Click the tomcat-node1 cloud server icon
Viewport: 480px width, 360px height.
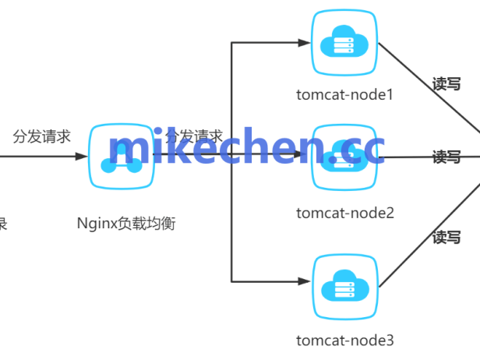(344, 44)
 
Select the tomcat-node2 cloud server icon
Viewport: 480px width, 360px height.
(344, 157)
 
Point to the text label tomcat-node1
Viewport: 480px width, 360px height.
(345, 96)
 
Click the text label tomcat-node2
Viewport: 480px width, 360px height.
(345, 213)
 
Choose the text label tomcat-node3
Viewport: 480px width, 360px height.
(345, 341)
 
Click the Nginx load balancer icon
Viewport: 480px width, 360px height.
(121, 156)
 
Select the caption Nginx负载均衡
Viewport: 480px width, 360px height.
(126, 224)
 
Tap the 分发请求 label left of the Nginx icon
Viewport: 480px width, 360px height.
(42, 136)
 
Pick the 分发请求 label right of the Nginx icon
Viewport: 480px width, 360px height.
(194, 136)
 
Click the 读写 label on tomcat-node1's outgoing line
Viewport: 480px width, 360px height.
(447, 84)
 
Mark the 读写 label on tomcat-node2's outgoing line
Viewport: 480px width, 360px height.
(447, 157)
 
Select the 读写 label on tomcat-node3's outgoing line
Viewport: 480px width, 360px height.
(447, 238)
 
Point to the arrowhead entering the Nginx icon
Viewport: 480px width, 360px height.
(83, 157)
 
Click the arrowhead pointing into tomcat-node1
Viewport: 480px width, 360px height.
(305, 43)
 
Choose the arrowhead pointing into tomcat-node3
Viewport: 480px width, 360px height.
(305, 281)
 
